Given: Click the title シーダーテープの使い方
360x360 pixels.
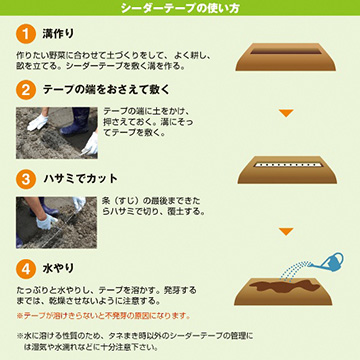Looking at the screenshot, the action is (x=180, y=8).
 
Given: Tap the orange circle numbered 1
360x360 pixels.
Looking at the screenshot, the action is (x=26, y=34).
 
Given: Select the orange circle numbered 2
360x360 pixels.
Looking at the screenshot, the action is (x=26, y=90).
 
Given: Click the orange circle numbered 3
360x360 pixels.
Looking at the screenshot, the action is (x=26, y=179).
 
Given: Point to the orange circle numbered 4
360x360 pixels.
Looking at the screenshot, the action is (x=26, y=269).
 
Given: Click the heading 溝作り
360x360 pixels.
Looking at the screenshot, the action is (x=58, y=34).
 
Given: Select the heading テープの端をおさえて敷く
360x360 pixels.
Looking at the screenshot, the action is (x=106, y=90).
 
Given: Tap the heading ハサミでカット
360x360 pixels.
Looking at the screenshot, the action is (x=81, y=179).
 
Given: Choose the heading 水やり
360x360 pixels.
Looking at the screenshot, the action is (x=58, y=269).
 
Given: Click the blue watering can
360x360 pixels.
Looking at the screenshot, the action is (x=328, y=261).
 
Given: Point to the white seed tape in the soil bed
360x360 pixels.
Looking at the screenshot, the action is (x=287, y=164).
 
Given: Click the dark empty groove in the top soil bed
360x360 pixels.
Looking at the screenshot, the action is (x=286, y=51).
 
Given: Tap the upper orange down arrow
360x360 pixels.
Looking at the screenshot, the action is (x=286, y=113).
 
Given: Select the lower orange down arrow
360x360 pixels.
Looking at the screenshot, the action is (x=286, y=232).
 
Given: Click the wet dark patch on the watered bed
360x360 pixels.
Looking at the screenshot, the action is (x=284, y=286).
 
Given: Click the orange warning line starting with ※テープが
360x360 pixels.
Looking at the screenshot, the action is (x=103, y=315).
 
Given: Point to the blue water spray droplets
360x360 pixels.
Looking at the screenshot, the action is (x=294, y=271).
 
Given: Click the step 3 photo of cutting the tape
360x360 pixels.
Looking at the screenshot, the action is (x=56, y=223).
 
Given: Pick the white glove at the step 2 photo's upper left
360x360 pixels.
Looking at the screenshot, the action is (x=37, y=122).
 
